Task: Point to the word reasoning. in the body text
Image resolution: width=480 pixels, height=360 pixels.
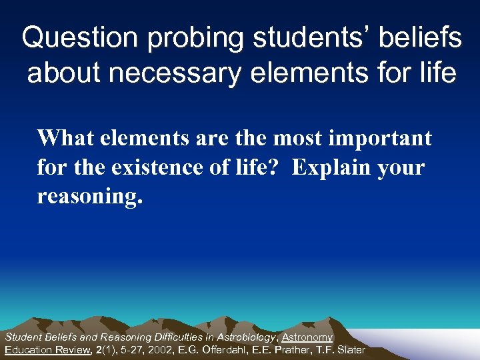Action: (x=90, y=197)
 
